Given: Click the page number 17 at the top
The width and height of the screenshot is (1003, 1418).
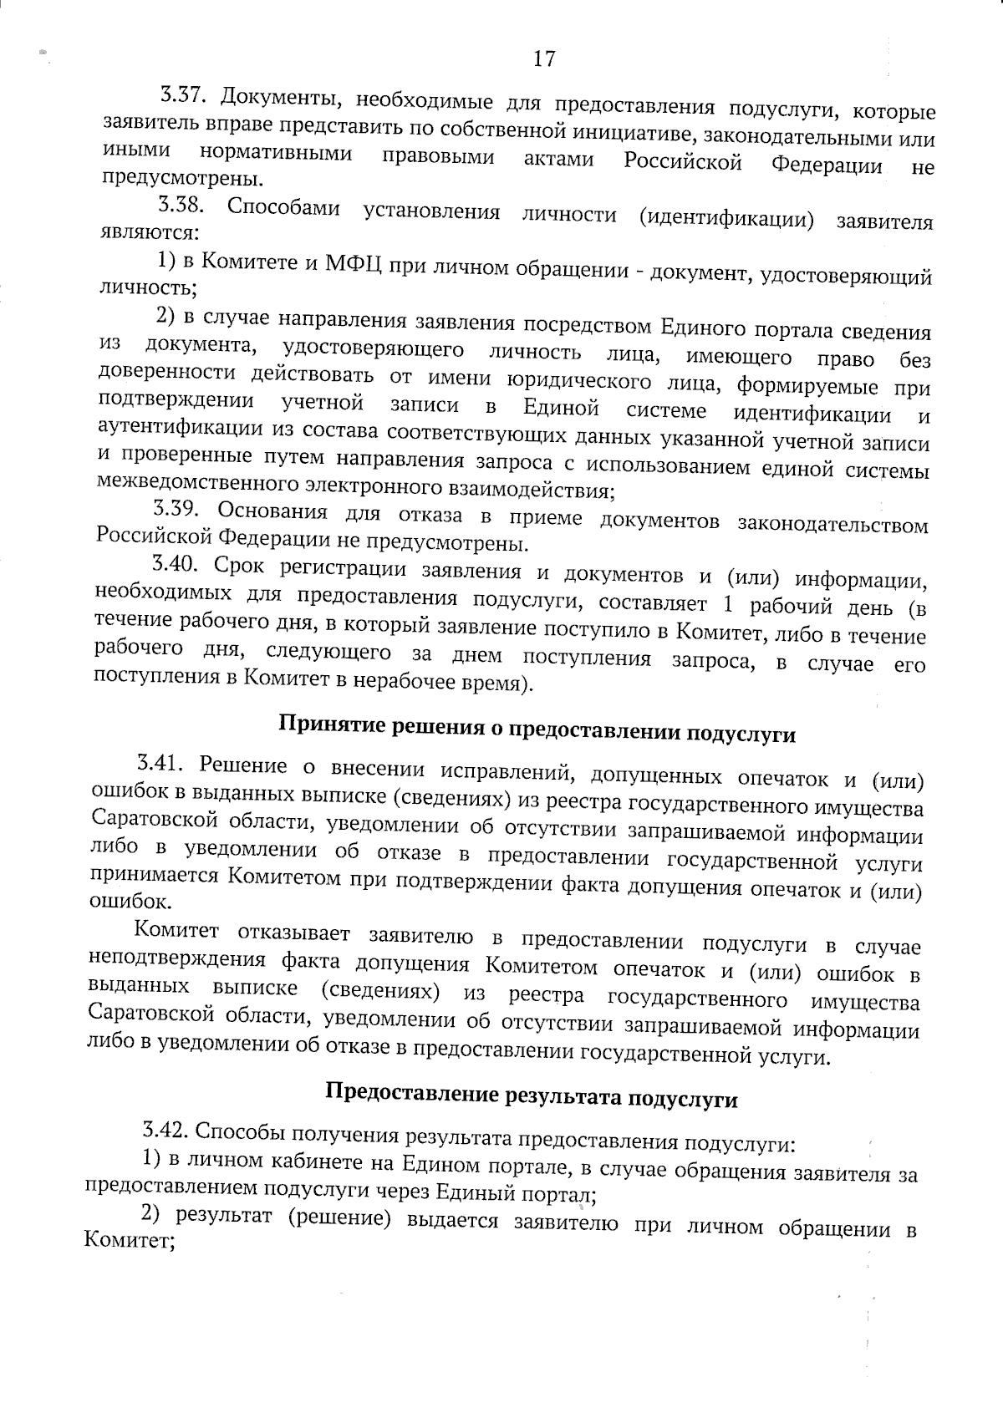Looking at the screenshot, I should tap(543, 58).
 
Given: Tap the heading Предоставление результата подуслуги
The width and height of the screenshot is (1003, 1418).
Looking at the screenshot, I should tap(531, 1095).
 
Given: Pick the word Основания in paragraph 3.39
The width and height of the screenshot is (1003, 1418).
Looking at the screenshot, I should tap(276, 511).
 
